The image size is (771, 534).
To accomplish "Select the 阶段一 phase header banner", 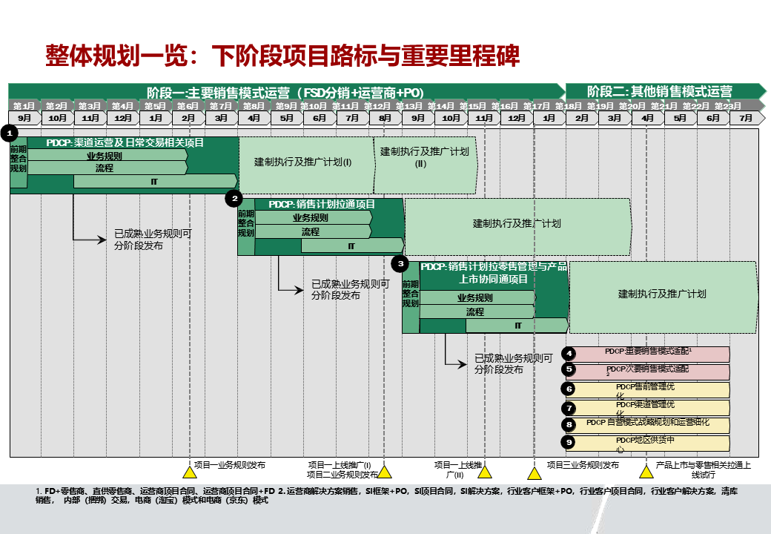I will pyautogui.click(x=285, y=92).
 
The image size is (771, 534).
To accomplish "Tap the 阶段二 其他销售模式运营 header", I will pyautogui.click(x=660, y=92).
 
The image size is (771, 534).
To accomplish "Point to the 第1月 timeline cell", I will pyautogui.click(x=24, y=106).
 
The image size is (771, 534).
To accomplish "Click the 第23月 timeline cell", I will pyautogui.click(x=728, y=106).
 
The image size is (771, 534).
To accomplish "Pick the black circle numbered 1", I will pyautogui.click(x=10, y=133).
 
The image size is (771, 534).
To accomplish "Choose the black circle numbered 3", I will pyautogui.click(x=401, y=263).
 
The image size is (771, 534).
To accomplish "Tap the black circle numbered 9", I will pyautogui.click(x=569, y=442).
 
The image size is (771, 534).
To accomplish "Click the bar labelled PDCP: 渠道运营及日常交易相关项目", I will pyautogui.click(x=125, y=142).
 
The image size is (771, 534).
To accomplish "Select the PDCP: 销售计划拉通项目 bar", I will pyautogui.click(x=322, y=204).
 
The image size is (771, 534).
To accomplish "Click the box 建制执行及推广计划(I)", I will pyautogui.click(x=303, y=162).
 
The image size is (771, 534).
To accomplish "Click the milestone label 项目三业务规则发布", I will pyautogui.click(x=583, y=465).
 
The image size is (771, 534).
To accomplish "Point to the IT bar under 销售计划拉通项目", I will pyautogui.click(x=351, y=245).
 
